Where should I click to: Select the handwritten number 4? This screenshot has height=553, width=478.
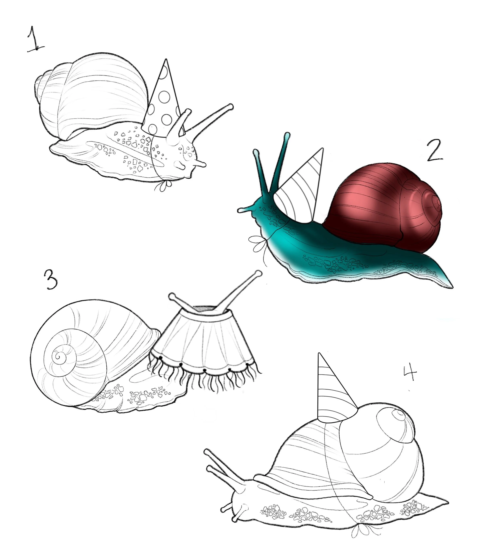coord(410,373)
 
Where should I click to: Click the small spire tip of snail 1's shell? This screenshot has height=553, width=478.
coord(37,81)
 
